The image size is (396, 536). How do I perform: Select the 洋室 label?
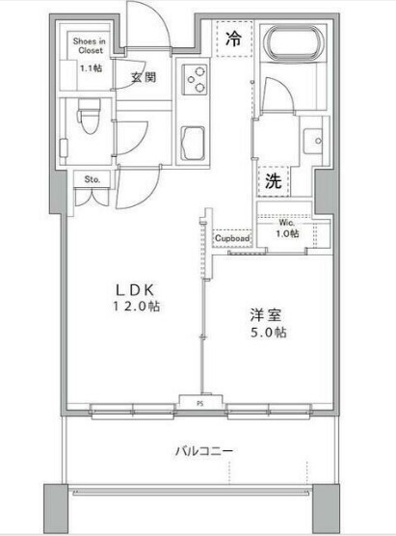tap(264, 314)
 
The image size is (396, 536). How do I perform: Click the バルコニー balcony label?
tap(204, 450)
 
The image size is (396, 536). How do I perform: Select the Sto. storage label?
tap(92, 179)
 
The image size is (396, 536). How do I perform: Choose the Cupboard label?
tap(232, 238)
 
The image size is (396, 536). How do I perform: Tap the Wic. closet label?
tap(288, 221)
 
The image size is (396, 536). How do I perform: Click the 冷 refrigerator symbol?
tap(233, 40)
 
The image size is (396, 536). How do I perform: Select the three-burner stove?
tap(197, 78)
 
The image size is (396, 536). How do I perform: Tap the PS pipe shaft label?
tap(200, 402)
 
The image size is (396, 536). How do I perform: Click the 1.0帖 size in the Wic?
tap(287, 233)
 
